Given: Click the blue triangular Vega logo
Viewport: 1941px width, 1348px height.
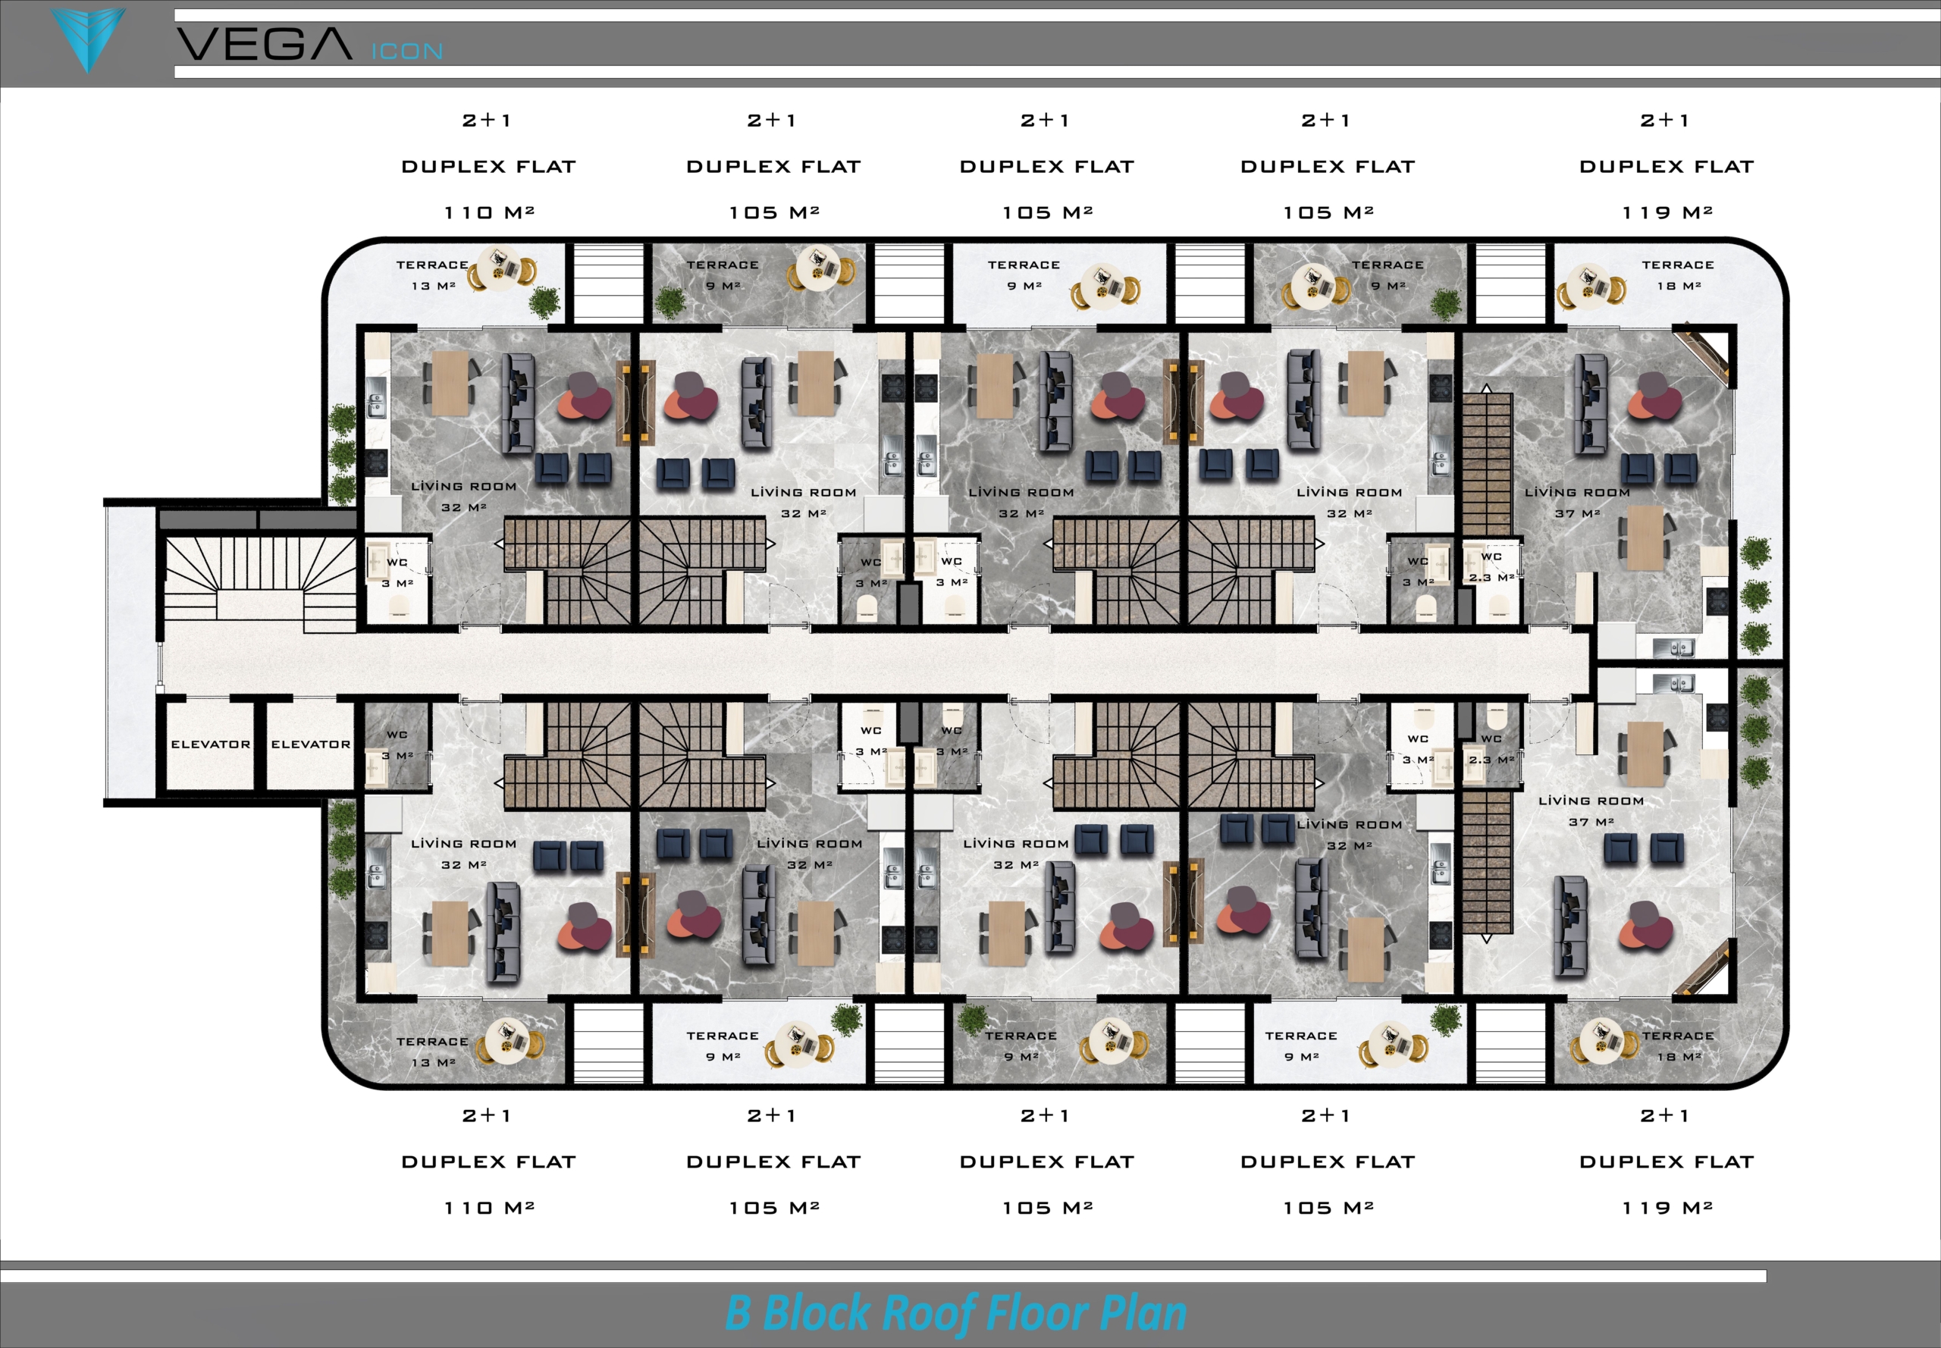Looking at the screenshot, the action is click(x=88, y=38).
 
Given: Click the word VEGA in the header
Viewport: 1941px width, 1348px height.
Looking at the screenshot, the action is click(x=264, y=44).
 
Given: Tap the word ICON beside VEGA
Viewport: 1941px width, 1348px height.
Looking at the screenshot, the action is click(x=407, y=52).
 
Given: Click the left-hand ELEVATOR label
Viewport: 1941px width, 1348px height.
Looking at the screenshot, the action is click(x=210, y=744).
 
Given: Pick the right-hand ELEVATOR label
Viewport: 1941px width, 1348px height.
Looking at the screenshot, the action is click(x=310, y=744).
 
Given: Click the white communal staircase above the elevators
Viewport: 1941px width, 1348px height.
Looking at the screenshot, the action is click(x=259, y=584).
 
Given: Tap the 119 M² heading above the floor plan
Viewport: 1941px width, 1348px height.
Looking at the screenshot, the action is click(x=1667, y=212).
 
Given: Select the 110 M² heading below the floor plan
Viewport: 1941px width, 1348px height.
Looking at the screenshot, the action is click(x=489, y=1208).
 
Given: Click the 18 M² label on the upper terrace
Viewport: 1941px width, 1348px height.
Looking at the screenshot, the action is click(x=1679, y=286).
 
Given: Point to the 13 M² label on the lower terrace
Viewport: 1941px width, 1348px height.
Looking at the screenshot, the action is click(x=433, y=1062).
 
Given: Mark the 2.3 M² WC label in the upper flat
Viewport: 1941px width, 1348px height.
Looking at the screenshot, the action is click(x=1491, y=578).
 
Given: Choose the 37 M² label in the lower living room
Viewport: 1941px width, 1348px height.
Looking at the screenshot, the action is click(x=1592, y=822).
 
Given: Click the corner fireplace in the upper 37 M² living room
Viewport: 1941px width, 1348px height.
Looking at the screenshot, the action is click(x=1701, y=353).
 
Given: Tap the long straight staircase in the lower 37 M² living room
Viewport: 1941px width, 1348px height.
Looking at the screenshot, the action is click(x=1487, y=867).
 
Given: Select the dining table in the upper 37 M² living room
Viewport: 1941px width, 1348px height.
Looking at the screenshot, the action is click(x=1645, y=538).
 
